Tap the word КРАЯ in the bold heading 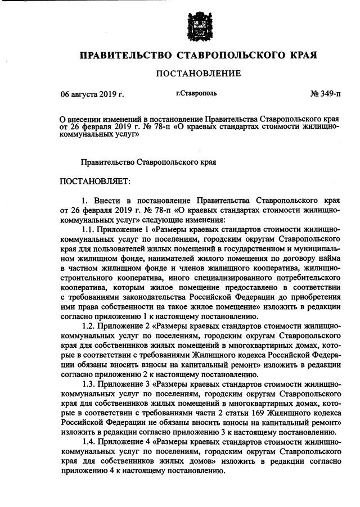[300, 55]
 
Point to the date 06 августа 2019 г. [92, 93]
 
